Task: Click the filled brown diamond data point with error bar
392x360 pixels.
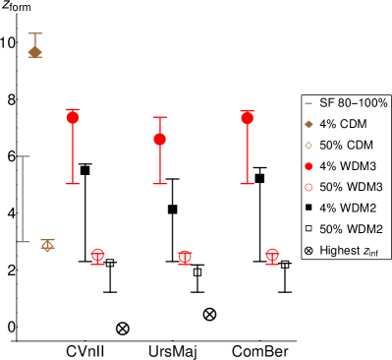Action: tap(35, 51)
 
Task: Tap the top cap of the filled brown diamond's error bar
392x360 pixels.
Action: tap(35, 34)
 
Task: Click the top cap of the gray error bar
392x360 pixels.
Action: tap(24, 156)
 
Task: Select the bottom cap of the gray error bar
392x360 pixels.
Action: tap(24, 241)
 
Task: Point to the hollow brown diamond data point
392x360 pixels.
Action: tap(47, 245)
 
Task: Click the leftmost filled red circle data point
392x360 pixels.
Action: tap(73, 117)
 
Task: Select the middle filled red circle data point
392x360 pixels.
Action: tap(160, 139)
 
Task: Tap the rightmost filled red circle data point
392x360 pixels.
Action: tap(247, 118)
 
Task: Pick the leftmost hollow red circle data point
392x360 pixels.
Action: tap(97, 255)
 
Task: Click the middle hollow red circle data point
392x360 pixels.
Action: tap(185, 257)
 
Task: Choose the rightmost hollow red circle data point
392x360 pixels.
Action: tap(272, 255)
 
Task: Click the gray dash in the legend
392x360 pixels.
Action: tap(308, 103)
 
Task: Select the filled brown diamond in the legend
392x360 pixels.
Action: tap(308, 124)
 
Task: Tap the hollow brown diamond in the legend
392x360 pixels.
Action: tap(308, 146)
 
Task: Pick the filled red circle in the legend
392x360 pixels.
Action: tap(308, 166)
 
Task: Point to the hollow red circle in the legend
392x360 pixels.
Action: tap(308, 187)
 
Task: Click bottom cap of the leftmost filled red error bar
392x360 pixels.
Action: tap(73, 184)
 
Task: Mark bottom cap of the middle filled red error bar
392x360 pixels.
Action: tap(160, 184)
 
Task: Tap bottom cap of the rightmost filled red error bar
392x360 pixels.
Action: tap(247, 184)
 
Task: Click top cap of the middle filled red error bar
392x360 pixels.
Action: tap(160, 117)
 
